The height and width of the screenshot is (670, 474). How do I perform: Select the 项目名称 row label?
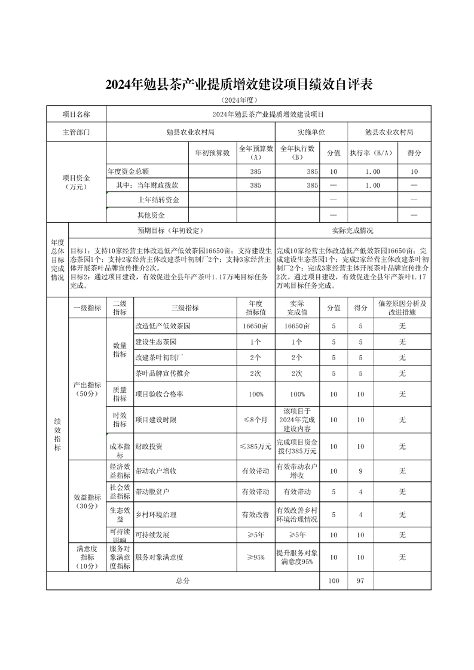pyautogui.click(x=76, y=114)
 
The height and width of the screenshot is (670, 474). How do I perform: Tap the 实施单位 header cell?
pyautogui.click(x=311, y=132)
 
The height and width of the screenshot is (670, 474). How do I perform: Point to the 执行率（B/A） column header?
pyautogui.click(x=371, y=153)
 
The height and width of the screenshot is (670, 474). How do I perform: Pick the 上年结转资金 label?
pyautogui.click(x=158, y=199)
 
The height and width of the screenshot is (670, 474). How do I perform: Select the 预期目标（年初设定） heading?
pyautogui.click(x=172, y=230)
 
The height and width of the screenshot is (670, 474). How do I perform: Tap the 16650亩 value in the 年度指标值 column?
pyautogui.click(x=255, y=326)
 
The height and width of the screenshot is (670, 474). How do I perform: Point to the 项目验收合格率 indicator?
pyautogui.click(x=159, y=395)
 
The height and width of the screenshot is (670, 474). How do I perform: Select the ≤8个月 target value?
pyautogui.click(x=255, y=420)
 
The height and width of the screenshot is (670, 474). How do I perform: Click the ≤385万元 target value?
pyautogui.click(x=255, y=446)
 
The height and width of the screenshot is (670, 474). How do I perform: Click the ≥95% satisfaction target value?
pyautogui.click(x=255, y=557)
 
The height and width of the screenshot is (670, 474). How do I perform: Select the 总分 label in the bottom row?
pyautogui.click(x=183, y=580)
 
